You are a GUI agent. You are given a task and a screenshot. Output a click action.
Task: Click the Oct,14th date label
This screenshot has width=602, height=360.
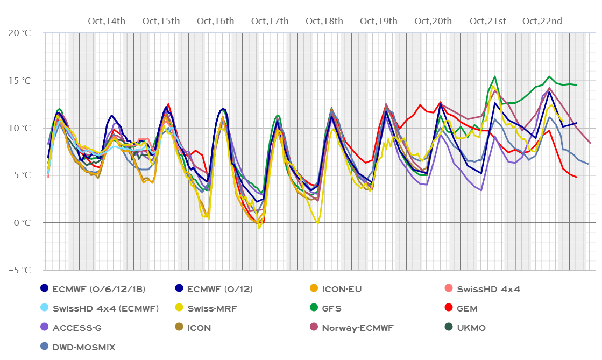(107, 22)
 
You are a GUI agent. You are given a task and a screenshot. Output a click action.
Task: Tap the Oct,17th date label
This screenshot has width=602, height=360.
(270, 22)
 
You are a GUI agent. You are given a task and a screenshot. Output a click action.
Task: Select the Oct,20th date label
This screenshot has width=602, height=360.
(433, 22)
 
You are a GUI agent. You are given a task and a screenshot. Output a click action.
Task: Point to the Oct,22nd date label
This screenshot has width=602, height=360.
(542, 22)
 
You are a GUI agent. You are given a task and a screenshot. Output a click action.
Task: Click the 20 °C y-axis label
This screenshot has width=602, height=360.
(20, 33)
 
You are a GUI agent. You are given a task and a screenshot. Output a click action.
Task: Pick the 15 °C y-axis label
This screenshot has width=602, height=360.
(20, 81)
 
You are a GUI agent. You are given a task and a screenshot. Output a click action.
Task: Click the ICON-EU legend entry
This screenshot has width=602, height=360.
(342, 289)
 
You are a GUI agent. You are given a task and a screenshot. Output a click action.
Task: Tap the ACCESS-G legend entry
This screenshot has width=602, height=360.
(77, 328)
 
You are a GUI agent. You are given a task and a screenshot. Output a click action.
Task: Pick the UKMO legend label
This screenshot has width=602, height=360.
(474, 328)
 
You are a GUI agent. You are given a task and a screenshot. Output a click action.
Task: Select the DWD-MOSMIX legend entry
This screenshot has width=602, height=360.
(84, 347)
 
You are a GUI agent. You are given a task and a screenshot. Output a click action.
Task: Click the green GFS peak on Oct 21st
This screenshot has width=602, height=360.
(495, 76)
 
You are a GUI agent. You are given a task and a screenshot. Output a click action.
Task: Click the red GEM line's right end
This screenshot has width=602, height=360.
(576, 177)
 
